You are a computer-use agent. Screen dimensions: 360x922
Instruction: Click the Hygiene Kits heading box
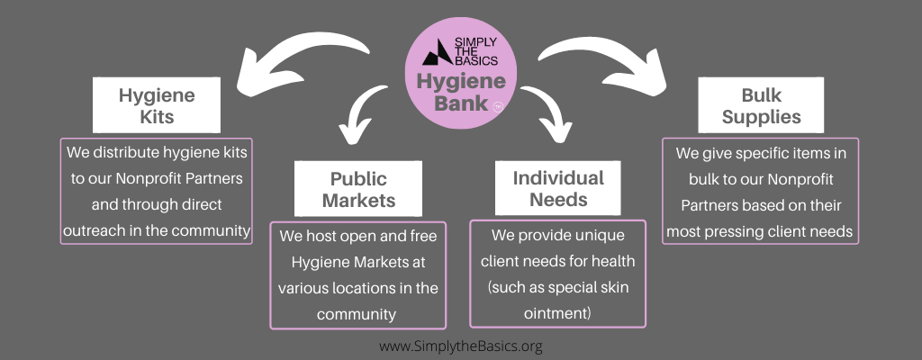(x=157, y=105)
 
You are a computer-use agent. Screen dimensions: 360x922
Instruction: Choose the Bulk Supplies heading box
(x=762, y=105)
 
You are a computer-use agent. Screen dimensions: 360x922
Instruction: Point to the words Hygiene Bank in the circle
(x=461, y=92)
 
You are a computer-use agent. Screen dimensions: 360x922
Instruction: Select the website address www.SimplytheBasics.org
(x=461, y=346)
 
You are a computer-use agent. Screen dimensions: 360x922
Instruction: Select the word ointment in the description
(x=556, y=313)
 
